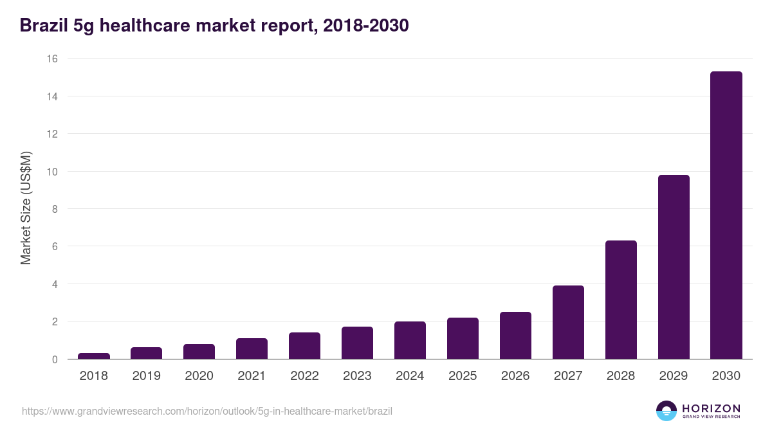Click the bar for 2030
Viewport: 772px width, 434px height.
pos(726,215)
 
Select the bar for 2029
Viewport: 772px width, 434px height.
pos(674,267)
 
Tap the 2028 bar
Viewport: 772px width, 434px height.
pos(621,300)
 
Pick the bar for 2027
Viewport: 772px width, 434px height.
pos(568,322)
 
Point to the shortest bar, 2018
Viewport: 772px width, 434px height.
pos(94,356)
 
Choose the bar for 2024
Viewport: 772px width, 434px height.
pos(410,340)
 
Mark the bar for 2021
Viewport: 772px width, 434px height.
pos(252,348)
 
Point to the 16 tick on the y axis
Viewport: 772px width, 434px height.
pos(52,59)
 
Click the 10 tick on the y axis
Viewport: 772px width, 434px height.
pos(52,172)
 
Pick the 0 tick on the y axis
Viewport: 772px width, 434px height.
pos(55,359)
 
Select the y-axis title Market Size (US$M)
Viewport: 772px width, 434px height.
pos(26,208)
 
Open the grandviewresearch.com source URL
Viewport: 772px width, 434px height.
pos(207,411)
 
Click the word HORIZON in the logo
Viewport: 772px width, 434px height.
pos(711,408)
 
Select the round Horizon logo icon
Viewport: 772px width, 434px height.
pos(666,411)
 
